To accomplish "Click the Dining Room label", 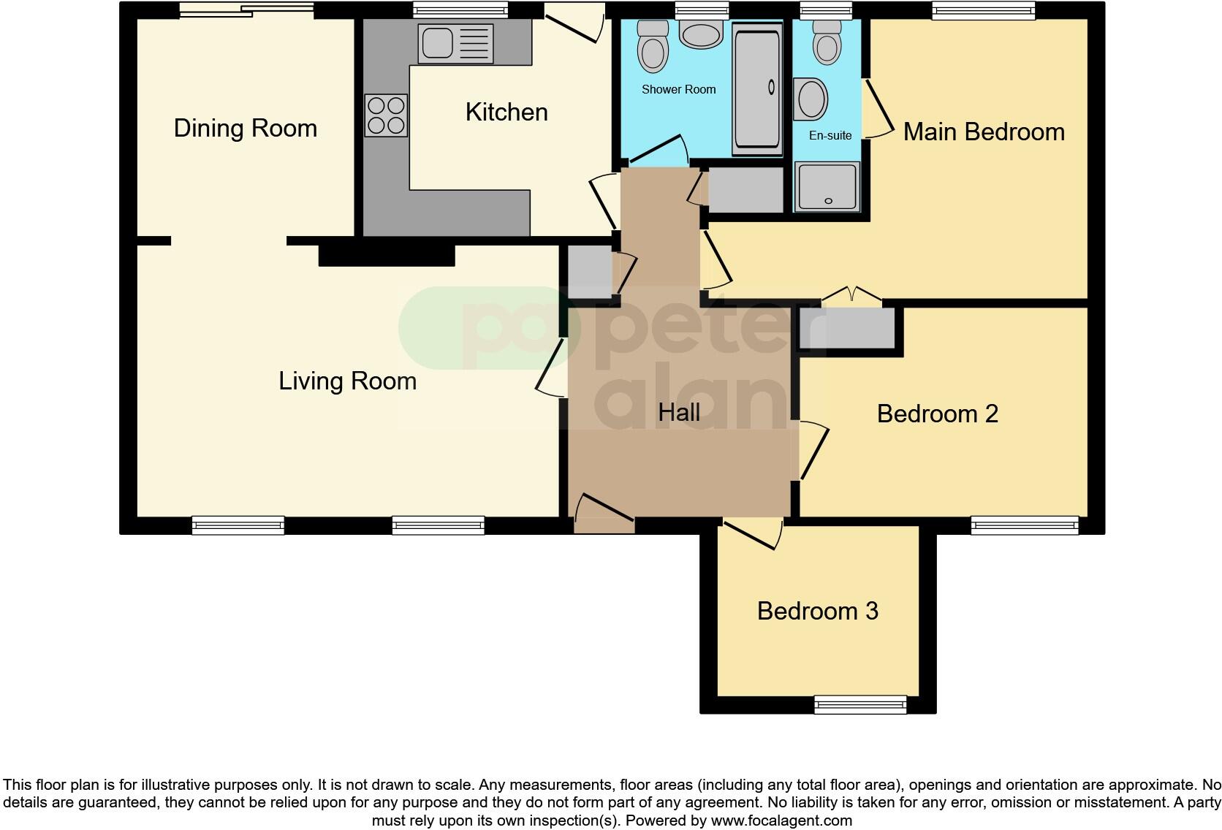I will coord(245,129).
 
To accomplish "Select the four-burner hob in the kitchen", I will coord(386,115).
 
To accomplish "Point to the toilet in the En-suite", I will coord(827,44).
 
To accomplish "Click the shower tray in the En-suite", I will coord(827,186).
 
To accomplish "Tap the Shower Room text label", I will coord(678,90).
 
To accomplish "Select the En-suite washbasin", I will coord(811,99).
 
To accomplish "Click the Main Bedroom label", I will coord(983,132).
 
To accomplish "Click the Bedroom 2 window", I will coord(1024,525).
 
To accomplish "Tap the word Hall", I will coord(678,413).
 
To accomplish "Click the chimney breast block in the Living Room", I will coord(387,256).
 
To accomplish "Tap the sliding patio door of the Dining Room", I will coord(246,10).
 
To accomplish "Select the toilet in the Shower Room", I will coord(652,47).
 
